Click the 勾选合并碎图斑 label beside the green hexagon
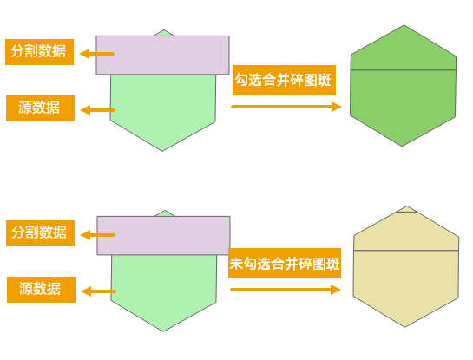[284, 80]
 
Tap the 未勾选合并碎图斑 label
[285, 263]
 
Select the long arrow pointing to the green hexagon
[286, 107]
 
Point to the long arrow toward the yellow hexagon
[286, 290]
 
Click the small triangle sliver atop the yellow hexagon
[407, 209]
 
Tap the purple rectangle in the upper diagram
[162, 56]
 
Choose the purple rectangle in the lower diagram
[163, 235]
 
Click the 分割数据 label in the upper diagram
[40, 52]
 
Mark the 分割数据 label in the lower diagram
[41, 233]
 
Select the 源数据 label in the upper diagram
[41, 108]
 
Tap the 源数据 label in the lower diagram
[42, 290]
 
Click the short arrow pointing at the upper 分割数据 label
[97, 54]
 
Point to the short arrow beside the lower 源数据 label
[99, 291]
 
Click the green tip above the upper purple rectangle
[164, 33]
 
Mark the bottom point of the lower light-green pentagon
[163, 331]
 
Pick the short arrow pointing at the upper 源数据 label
[98, 110]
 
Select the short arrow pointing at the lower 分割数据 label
[98, 235]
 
